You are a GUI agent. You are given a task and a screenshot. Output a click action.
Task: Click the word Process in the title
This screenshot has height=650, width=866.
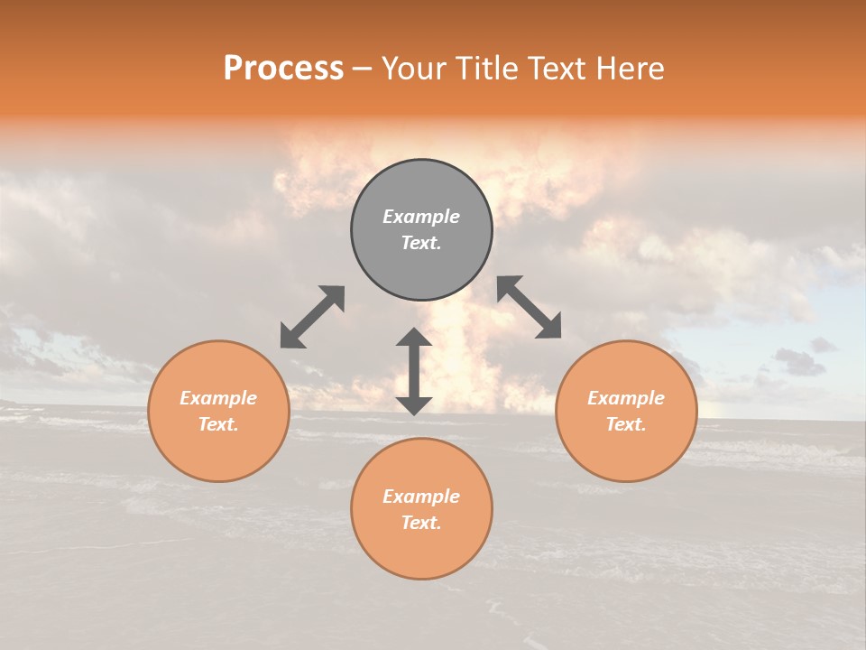point(283,69)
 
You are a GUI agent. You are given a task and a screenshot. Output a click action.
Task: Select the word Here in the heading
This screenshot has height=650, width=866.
point(631,69)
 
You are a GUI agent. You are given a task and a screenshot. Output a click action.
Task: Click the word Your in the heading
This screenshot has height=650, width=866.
point(412,69)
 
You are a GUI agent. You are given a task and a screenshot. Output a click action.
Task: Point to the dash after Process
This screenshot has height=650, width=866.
point(362,70)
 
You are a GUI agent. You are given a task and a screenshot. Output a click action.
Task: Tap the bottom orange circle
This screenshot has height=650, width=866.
point(421,551)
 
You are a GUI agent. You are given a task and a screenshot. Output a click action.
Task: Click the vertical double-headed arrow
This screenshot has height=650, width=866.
point(414,371)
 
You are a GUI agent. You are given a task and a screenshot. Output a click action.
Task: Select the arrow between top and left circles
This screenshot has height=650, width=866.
point(312,317)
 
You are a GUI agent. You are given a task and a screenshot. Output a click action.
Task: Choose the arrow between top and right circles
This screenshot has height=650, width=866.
point(530,307)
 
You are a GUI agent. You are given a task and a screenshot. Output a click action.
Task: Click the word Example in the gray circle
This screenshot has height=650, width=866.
point(421,217)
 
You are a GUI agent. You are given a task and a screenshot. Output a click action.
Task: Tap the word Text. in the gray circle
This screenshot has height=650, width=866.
point(421,243)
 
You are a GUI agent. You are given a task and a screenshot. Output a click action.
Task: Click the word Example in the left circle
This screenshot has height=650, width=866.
point(218,398)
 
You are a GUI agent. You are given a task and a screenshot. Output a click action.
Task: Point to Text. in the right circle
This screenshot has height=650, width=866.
point(626,424)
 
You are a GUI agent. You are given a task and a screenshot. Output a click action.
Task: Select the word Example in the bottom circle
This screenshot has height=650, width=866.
point(421,497)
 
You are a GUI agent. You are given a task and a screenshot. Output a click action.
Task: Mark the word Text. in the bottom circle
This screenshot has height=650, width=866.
point(421,523)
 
